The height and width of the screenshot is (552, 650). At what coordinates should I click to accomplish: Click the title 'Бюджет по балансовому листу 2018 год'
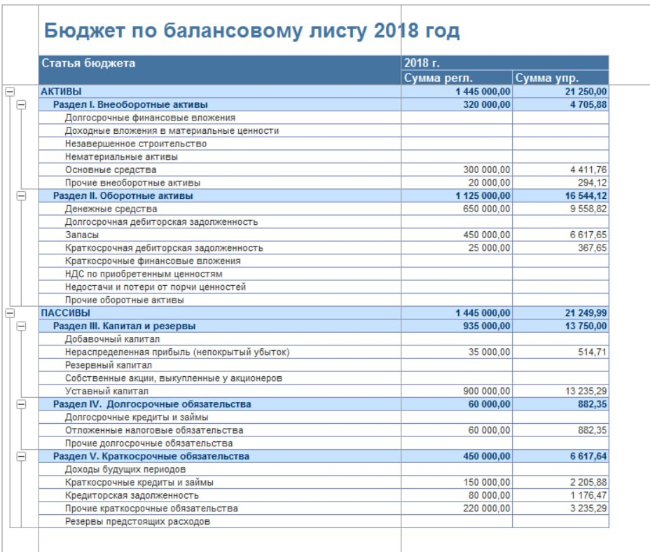[x=251, y=31]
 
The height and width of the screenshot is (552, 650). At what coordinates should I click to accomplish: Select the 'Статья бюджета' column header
[x=88, y=63]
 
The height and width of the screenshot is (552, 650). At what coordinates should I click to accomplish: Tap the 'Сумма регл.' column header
[x=438, y=78]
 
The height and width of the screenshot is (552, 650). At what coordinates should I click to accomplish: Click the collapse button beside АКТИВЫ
[x=9, y=91]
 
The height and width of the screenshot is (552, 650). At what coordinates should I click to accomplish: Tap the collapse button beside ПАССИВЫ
[x=9, y=313]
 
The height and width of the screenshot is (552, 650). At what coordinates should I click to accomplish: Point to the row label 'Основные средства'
[x=111, y=170]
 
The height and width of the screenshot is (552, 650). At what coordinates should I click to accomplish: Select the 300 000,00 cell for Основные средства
[x=487, y=170]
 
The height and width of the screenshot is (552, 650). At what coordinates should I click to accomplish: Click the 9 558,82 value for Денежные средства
[x=588, y=209]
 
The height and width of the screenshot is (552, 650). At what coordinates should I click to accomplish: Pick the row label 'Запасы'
[x=81, y=235]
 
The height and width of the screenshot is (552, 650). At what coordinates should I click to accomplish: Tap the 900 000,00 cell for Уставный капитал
[x=487, y=391]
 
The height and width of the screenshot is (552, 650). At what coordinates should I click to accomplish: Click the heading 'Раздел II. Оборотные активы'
[x=123, y=196]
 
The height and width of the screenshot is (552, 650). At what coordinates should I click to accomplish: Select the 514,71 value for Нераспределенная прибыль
[x=593, y=352]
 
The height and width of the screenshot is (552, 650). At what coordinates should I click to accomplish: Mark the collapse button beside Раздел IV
[x=21, y=404]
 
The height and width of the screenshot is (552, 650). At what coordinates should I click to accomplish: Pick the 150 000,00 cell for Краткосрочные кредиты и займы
[x=487, y=483]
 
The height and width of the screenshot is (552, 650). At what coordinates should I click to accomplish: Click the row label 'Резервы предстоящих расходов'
[x=137, y=521]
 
